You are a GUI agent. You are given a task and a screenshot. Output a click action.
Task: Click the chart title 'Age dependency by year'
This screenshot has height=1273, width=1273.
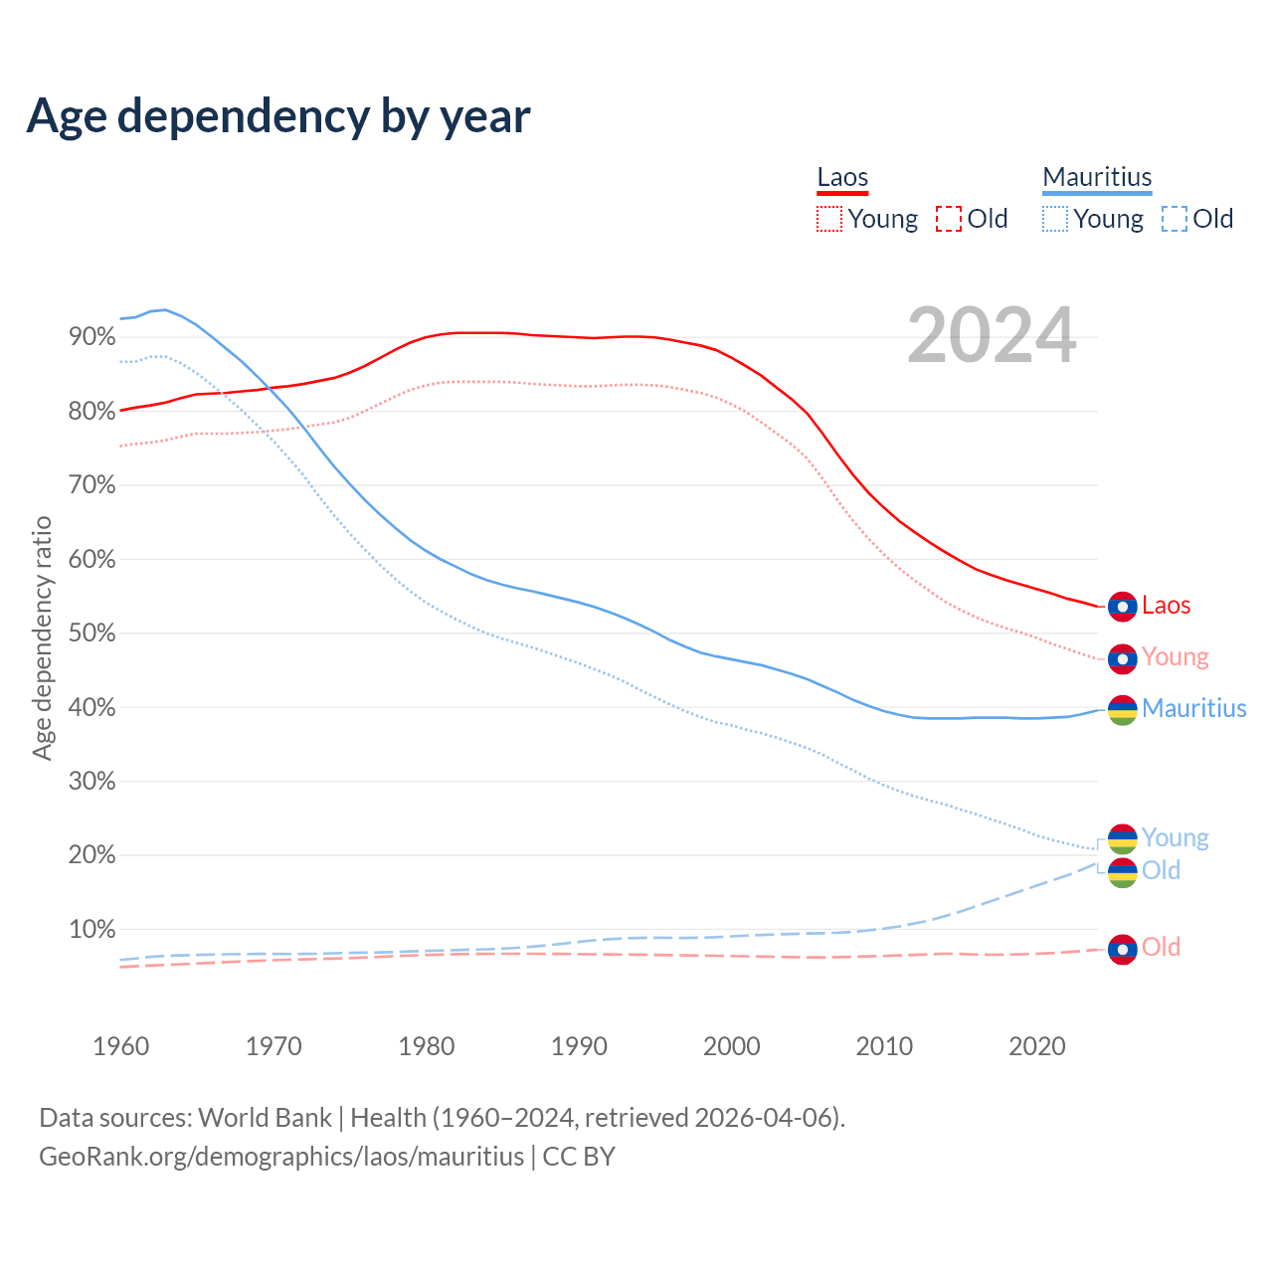tap(278, 116)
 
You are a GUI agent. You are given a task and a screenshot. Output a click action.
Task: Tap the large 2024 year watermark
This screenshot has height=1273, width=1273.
tap(992, 335)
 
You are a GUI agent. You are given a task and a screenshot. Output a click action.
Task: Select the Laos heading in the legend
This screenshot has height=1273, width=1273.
tap(842, 177)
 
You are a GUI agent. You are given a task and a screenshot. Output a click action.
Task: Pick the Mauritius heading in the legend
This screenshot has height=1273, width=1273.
tap(1097, 177)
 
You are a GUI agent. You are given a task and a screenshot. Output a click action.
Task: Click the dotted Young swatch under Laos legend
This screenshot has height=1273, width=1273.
tap(829, 219)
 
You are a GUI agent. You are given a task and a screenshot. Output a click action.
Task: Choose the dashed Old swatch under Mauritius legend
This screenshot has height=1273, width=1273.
tap(1175, 219)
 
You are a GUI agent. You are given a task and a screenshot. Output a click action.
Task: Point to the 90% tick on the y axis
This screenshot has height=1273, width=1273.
tap(92, 337)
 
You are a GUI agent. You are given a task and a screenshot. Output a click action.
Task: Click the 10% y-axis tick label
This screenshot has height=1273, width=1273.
tap(92, 930)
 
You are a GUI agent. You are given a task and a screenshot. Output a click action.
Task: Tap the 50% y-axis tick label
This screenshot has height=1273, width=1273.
tap(92, 634)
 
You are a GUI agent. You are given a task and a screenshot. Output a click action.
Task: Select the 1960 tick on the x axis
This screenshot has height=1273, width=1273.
tap(120, 1046)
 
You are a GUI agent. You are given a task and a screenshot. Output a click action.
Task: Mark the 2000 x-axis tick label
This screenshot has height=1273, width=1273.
tap(732, 1046)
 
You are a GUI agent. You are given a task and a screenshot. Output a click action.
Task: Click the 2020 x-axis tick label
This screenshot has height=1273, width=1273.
tap(1037, 1046)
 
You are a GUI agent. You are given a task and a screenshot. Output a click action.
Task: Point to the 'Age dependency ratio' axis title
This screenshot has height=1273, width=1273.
tap(42, 637)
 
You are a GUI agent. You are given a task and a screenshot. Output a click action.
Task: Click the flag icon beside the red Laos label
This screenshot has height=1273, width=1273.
tap(1122, 606)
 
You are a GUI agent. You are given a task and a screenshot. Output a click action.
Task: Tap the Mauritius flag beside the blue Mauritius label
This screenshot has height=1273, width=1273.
tap(1122, 710)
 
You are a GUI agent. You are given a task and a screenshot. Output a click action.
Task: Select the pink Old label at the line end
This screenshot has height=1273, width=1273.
tap(1161, 947)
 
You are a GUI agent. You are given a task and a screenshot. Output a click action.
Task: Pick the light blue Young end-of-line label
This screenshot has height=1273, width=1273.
tap(1175, 837)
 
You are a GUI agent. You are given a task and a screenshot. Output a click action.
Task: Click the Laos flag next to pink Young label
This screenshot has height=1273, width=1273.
tap(1122, 658)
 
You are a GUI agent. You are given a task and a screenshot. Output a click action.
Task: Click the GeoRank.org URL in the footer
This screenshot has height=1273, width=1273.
tap(281, 1157)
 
